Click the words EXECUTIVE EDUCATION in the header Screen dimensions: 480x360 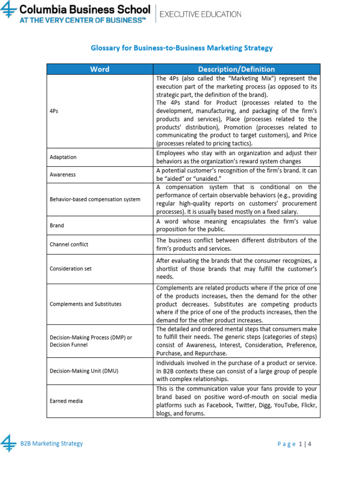[x=201, y=14]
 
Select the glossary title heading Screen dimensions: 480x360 [x=181, y=48]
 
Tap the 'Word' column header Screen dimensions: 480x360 [x=99, y=69]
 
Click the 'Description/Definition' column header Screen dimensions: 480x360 [x=236, y=69]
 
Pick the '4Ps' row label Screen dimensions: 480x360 [x=55, y=111]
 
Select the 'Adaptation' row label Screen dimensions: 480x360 [x=63, y=157]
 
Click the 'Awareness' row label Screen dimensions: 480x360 [x=62, y=174]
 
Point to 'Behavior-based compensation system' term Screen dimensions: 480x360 [x=95, y=199]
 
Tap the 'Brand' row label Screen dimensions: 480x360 [x=57, y=225]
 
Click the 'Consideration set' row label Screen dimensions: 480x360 [x=70, y=269]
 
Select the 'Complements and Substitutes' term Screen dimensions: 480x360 [x=85, y=304]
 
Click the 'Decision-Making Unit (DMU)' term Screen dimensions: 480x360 [x=84, y=371]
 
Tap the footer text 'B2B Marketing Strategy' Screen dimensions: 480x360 [x=52, y=443]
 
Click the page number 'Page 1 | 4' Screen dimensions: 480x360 [x=294, y=444]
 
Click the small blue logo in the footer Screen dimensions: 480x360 [x=8, y=443]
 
